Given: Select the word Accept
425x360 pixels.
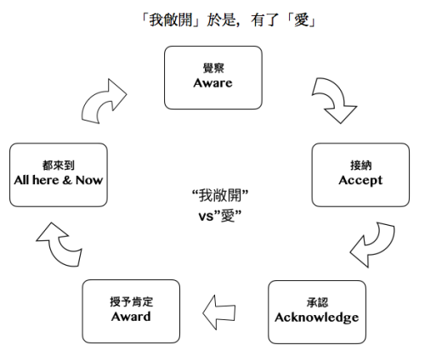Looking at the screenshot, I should coord(361,180).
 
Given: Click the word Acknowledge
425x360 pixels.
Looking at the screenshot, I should coord(317,317).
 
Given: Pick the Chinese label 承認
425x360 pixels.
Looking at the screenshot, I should coord(317,302).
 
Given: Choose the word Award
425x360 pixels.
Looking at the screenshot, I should coord(130,316).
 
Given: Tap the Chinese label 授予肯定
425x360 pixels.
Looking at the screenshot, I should coord(130,301).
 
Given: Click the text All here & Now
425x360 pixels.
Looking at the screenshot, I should coord(59,182).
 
